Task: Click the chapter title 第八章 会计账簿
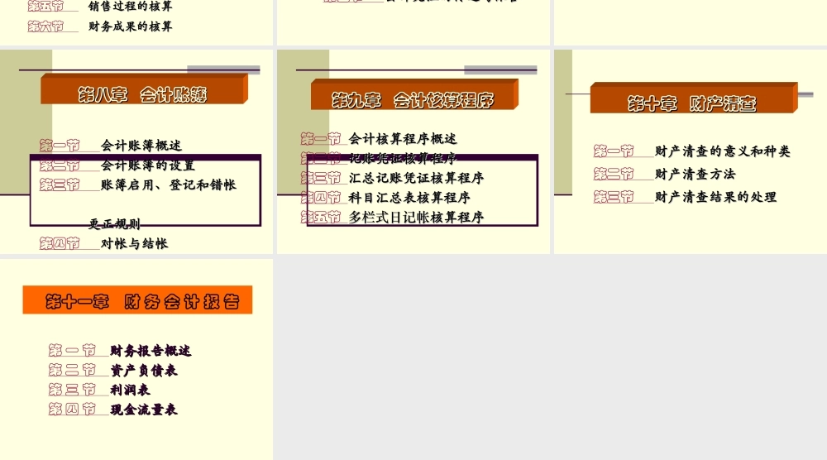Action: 142,94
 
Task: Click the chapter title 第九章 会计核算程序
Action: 413,100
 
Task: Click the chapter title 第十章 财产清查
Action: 691,103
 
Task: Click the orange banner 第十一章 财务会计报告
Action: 137,301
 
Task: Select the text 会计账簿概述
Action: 141,146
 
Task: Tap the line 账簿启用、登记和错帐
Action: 169,184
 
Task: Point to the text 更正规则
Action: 115,223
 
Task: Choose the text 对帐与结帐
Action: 134,243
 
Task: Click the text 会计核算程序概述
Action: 403,138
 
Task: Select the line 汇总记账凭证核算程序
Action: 416,178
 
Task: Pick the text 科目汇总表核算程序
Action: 409,198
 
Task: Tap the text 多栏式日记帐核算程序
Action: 416,218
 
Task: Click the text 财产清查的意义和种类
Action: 722,151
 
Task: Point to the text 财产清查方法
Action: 695,174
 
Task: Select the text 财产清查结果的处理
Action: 715,197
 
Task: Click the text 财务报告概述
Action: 151,351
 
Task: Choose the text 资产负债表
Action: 144,371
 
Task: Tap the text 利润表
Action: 130,390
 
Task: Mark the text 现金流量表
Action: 144,410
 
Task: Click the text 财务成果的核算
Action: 131,26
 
